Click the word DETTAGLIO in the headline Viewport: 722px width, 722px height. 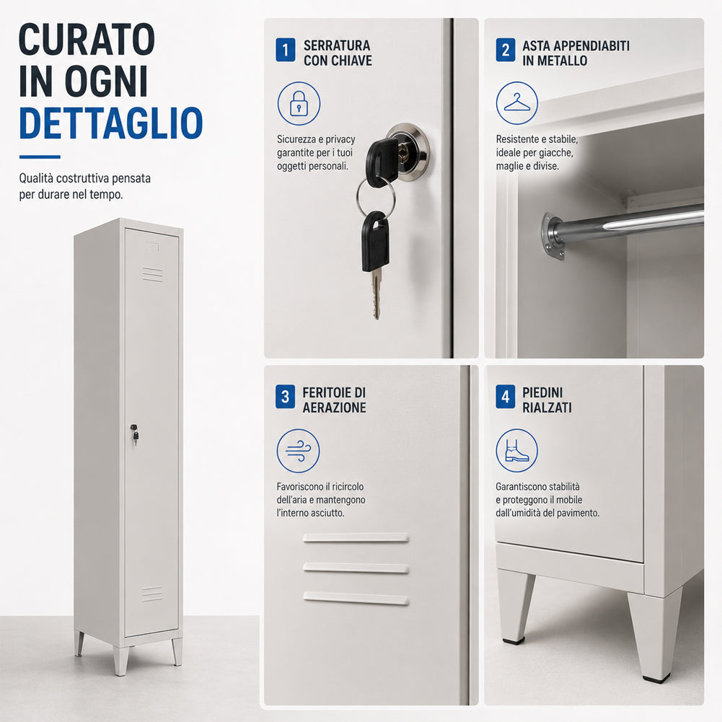pos(110,123)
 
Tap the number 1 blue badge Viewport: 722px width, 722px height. pos(285,50)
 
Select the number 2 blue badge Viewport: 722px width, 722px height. pos(505,50)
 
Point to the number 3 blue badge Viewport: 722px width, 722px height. pos(285,397)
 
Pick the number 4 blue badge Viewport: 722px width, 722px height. pos(505,397)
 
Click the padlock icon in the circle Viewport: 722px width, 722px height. pos(299,103)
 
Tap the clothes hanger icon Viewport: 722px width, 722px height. pos(516,102)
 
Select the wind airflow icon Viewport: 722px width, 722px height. pos(299,451)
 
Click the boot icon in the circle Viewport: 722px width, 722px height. pos(516,450)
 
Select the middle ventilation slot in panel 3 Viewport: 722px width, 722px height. pos(356,568)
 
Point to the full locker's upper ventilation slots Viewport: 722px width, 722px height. pos(152,274)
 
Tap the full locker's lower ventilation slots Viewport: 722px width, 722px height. pos(152,594)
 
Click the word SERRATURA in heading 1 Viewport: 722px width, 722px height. pos(337,45)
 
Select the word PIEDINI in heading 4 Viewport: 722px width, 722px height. pos(542,392)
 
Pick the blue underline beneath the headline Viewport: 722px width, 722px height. pos(40,157)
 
